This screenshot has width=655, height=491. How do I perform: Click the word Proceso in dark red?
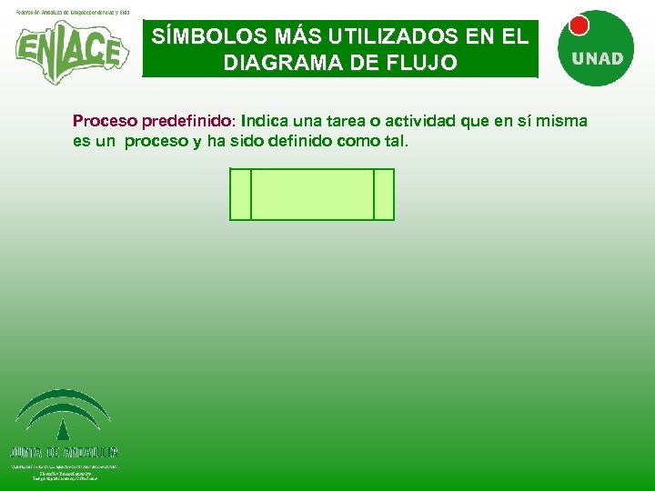(x=105, y=121)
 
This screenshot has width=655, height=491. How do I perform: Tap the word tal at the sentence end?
(x=398, y=141)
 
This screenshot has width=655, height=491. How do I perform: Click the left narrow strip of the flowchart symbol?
(x=240, y=195)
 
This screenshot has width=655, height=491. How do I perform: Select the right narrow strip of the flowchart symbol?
(x=384, y=195)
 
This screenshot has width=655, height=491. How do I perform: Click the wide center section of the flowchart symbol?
(x=312, y=195)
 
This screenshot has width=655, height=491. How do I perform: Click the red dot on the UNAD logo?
(x=579, y=25)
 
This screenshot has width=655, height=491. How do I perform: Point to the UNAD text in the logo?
(x=597, y=59)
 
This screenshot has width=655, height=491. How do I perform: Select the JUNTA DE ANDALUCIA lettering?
(x=65, y=452)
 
